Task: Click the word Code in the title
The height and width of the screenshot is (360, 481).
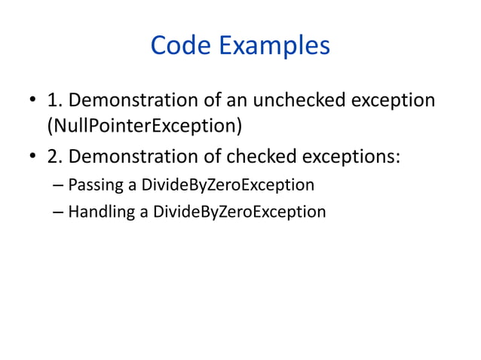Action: coord(182,46)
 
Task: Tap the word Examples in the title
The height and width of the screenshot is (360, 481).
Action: coord(274,46)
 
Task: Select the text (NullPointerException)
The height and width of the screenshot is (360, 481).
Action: coord(145,125)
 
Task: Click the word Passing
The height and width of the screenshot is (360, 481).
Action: coord(93,185)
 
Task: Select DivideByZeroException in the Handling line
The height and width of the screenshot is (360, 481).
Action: coord(239,212)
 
